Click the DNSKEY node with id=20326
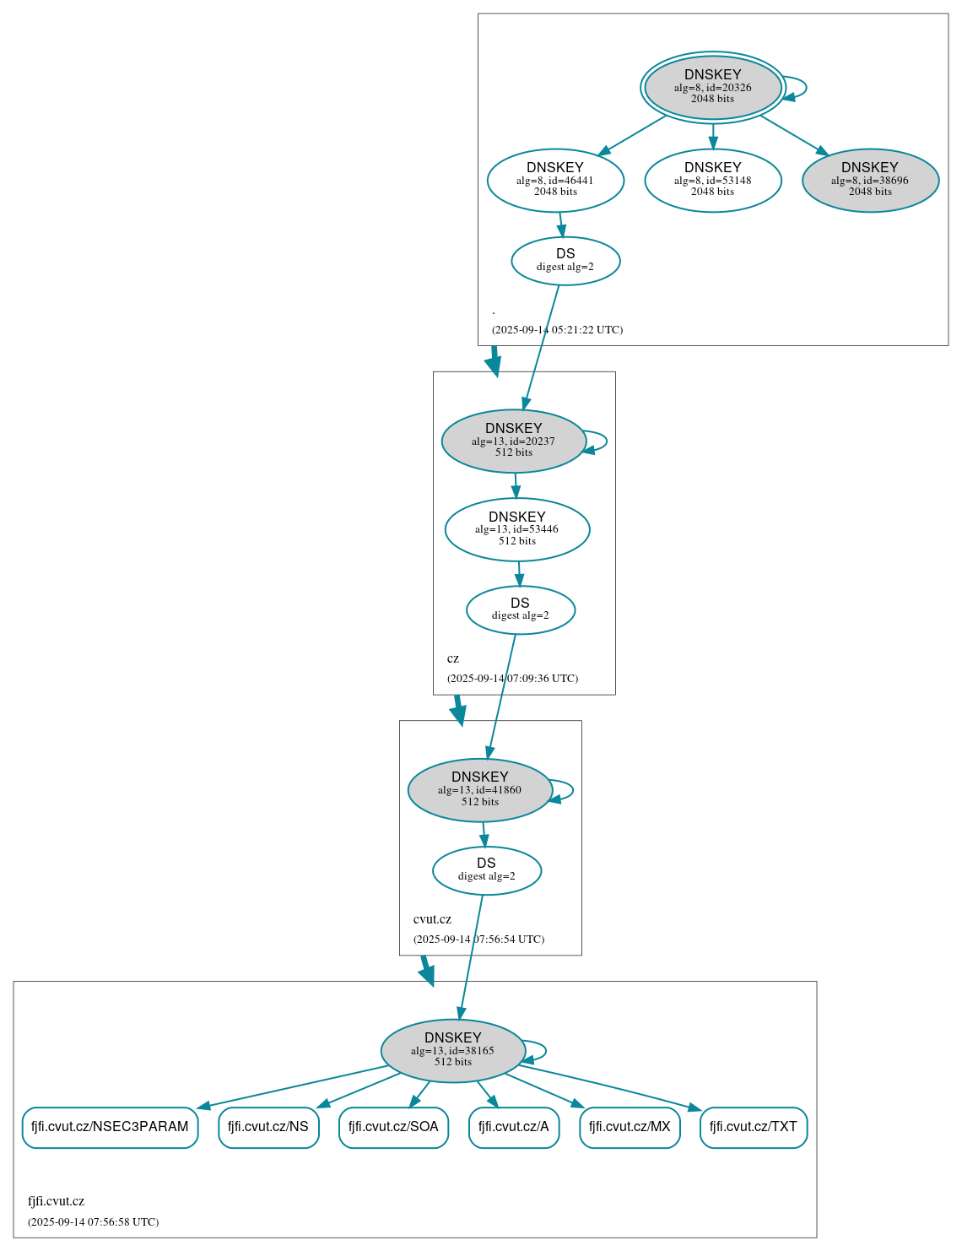712,87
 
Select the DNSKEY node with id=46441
555,180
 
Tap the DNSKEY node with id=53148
712,180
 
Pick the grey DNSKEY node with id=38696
870,180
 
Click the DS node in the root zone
565,261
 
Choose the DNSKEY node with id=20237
513,441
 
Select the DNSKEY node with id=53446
516,529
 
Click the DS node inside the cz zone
520,609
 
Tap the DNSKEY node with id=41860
479,790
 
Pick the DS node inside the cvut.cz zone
486,870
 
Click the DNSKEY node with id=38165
452,1051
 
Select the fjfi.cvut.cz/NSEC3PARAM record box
110,1127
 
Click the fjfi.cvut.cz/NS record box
268,1127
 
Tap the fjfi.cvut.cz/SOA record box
393,1127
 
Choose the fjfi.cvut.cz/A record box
513,1127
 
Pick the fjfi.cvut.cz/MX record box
630,1127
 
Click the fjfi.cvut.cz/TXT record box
753,1127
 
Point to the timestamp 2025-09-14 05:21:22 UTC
557,330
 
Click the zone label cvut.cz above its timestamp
432,919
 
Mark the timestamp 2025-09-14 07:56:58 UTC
93,1222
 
